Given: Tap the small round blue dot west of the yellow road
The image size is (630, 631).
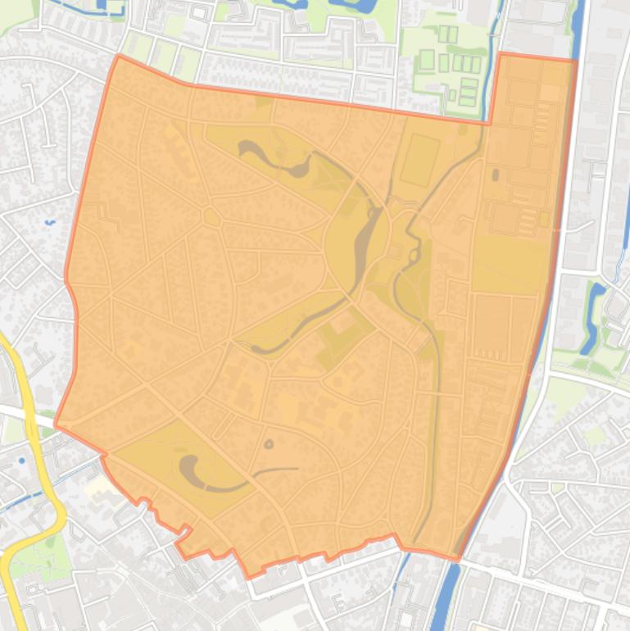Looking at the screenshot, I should click(x=22, y=461).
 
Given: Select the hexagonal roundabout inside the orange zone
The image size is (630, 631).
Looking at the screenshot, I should click(x=211, y=217).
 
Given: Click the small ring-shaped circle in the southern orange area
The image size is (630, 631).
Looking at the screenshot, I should click(x=269, y=445).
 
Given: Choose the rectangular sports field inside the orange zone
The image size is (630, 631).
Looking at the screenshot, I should click(x=419, y=160).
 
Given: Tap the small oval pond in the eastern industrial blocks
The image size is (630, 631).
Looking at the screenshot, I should click(x=494, y=175).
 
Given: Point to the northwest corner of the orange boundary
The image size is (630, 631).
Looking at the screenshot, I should click(x=119, y=56).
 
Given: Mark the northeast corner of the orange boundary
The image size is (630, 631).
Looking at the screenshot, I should click(x=576, y=61).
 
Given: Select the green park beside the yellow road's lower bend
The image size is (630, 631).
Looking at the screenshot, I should click(x=33, y=557).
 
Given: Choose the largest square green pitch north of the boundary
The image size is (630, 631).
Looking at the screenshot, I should click(x=427, y=60).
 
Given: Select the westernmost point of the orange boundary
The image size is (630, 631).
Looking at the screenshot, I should click(x=55, y=424).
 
